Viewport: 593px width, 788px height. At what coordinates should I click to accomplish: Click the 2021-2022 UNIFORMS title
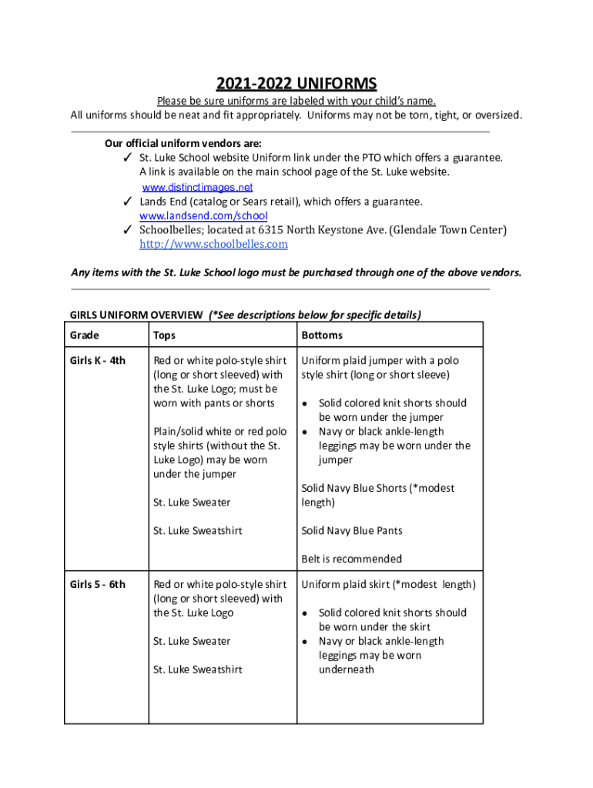click(296, 83)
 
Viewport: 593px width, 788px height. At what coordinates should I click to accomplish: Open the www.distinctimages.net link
click(198, 187)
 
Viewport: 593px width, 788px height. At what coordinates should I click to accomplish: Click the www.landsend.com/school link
click(203, 215)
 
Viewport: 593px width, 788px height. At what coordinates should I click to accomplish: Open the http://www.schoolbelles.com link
click(213, 244)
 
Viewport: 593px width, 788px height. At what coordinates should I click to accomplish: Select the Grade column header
click(85, 336)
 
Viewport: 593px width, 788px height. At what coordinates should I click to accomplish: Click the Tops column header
click(164, 336)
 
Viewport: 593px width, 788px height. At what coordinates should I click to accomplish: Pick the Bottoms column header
click(322, 336)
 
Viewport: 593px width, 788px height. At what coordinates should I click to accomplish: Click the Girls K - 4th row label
click(98, 360)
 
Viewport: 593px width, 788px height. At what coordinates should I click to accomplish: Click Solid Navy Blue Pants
click(352, 530)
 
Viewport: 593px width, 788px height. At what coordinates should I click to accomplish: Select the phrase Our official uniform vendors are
click(183, 143)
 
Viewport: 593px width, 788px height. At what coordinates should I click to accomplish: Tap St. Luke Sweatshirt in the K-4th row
click(198, 530)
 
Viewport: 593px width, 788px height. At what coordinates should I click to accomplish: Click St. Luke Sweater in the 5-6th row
click(192, 641)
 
